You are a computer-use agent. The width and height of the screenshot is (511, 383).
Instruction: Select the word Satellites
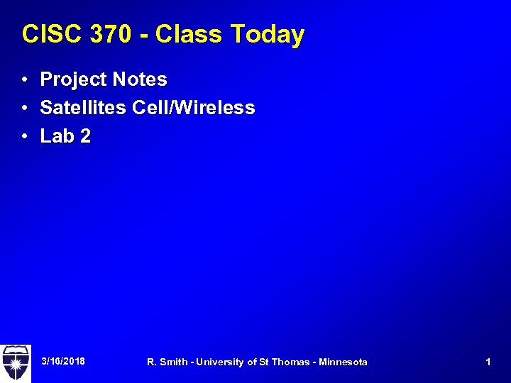pyautogui.click(x=83, y=108)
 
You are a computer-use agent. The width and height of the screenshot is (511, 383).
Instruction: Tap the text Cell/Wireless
pyautogui.click(x=194, y=108)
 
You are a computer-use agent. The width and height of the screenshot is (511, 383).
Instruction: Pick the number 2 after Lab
pyautogui.click(x=85, y=136)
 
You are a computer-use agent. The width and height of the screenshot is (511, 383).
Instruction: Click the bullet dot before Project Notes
pyautogui.click(x=25, y=79)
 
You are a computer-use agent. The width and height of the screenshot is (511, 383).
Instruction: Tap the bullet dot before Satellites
pyautogui.click(x=25, y=108)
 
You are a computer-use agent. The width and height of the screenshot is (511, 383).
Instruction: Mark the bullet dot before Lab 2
pyautogui.click(x=25, y=136)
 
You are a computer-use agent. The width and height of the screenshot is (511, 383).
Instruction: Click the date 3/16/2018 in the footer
pyautogui.click(x=63, y=362)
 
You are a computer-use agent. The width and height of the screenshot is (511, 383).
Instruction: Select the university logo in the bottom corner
pyautogui.click(x=15, y=362)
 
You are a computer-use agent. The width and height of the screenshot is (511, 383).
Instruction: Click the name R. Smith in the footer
pyautogui.click(x=167, y=362)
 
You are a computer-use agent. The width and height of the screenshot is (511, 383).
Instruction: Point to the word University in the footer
pyautogui.click(x=219, y=362)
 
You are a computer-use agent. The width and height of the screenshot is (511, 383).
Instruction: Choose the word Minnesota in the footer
pyautogui.click(x=344, y=362)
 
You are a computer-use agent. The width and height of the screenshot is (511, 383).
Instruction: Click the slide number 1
pyautogui.click(x=488, y=362)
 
